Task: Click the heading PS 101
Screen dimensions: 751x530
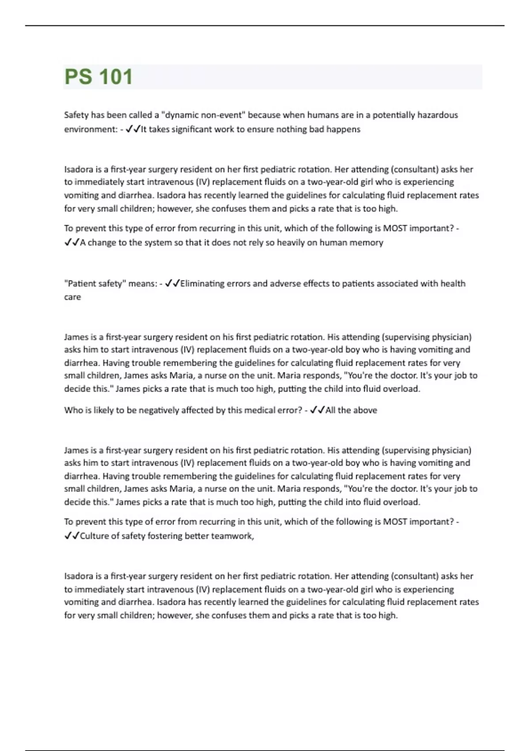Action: pos(98,77)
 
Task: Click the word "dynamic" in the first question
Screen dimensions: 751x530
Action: pos(182,115)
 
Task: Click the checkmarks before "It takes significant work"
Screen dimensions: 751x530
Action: pos(133,129)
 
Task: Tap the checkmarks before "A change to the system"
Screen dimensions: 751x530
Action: pos(72,243)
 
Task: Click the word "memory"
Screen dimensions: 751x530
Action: pos(366,243)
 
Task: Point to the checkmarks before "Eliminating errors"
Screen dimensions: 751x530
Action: pos(172,284)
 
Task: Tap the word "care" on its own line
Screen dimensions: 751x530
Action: pos(72,297)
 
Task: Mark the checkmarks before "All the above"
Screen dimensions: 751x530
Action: pos(318,410)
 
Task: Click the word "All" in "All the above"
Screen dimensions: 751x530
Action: pos(331,410)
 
